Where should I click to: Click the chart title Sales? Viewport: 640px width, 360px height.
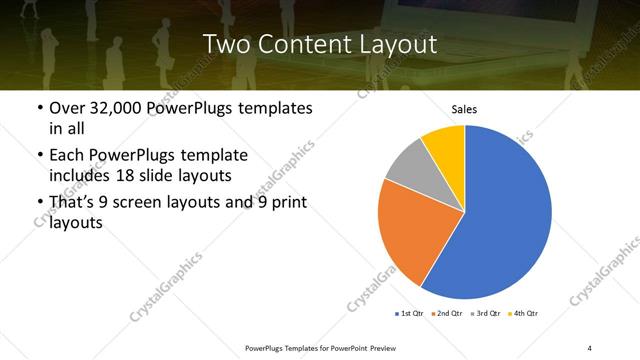464,109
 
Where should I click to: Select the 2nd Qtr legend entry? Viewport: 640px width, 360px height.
446,314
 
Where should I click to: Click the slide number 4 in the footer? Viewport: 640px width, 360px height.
590,347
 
